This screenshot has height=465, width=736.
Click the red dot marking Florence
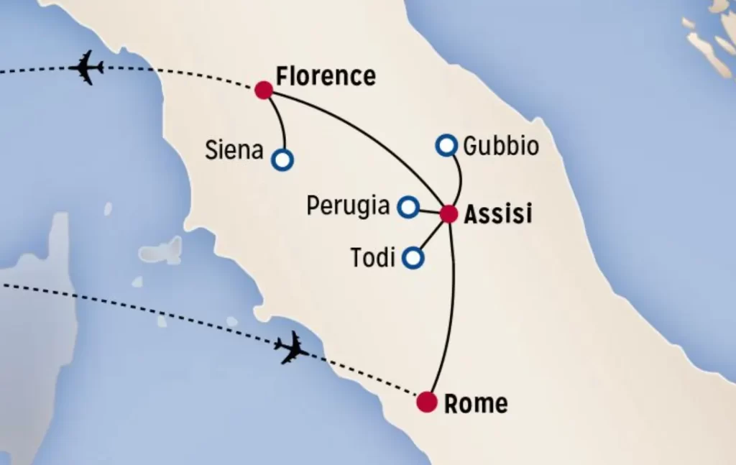click(x=264, y=90)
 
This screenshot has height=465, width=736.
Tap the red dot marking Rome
click(x=427, y=402)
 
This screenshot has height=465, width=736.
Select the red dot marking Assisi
click(x=448, y=213)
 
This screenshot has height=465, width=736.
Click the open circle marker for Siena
click(x=282, y=160)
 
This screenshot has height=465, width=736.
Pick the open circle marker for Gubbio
click(x=446, y=146)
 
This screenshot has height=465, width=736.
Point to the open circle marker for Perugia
click(x=408, y=208)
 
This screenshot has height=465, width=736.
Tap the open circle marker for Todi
click(x=413, y=257)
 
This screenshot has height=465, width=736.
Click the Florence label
click(x=326, y=76)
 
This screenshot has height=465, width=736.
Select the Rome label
click(x=476, y=404)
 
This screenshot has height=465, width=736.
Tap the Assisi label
click(x=498, y=214)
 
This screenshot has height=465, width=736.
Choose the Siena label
click(x=234, y=151)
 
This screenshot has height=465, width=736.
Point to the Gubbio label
click(x=501, y=147)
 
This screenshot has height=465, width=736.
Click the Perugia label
click(x=348, y=206)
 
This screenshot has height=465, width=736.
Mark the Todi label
click(x=373, y=257)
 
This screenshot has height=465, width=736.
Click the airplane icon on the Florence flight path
click(x=87, y=68)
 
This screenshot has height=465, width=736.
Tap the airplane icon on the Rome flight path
click(x=291, y=349)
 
